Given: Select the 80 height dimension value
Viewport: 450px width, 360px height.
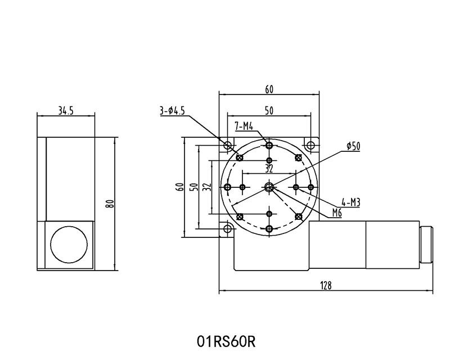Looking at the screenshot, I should pos(111,204).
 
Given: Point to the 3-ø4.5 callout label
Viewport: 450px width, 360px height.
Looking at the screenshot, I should pos(172,111).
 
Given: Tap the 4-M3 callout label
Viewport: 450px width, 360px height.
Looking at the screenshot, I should pos(351,202).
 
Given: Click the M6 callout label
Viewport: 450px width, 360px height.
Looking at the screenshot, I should pos(337,212).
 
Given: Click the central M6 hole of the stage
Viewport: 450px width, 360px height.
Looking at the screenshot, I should pos(269,187).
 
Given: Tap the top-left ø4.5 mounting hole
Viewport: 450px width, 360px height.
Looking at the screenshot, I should pos(228,146).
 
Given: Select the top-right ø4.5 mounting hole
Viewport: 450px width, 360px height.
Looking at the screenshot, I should pos(310,146).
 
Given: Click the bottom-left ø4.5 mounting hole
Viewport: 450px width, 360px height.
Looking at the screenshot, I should pos(228,228).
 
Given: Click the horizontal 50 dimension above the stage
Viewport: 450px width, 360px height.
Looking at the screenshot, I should pos(269,111).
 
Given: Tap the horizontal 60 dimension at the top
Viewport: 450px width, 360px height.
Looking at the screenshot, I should pos(269,89).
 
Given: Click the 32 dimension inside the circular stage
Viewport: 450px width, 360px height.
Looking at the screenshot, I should pos(269,168).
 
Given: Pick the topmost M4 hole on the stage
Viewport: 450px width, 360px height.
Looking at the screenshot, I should pos(269,146).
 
